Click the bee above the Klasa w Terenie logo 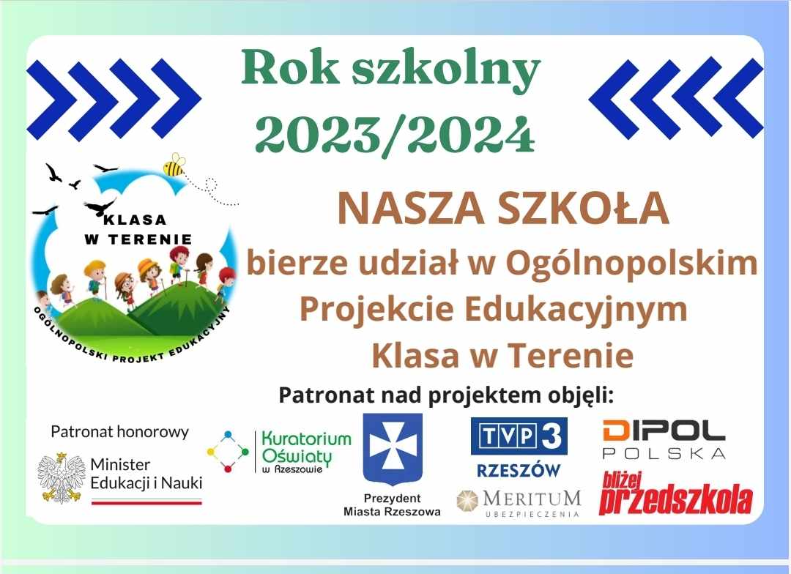click(x=174, y=165)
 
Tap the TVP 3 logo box click(x=519, y=436)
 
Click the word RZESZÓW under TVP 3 click(x=519, y=470)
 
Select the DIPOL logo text click(x=664, y=431)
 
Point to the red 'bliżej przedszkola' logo click(x=675, y=493)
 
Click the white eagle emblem click(x=61, y=477)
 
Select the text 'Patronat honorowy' click(x=119, y=432)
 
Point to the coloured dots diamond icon click(x=228, y=452)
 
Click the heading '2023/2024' click(x=395, y=135)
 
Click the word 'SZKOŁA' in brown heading click(x=583, y=209)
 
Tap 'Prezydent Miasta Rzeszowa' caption click(x=392, y=505)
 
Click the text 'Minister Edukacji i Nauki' click(x=146, y=474)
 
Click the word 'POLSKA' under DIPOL click(x=664, y=453)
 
